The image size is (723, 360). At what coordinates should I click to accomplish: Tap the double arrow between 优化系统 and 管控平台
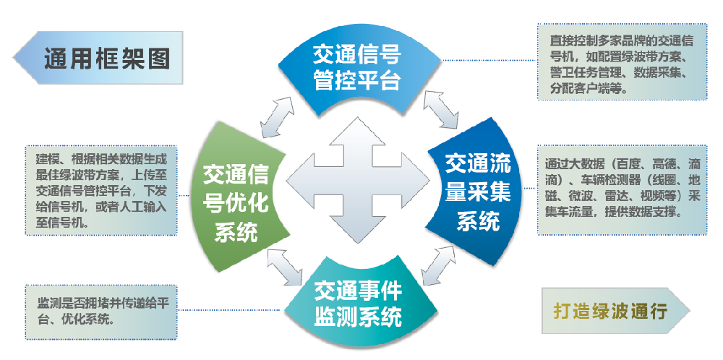pyautogui.click(x=278, y=111)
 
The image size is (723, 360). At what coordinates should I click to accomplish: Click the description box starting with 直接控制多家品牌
pyautogui.click(x=623, y=62)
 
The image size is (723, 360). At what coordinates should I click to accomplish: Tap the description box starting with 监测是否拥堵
pyautogui.click(x=100, y=312)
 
